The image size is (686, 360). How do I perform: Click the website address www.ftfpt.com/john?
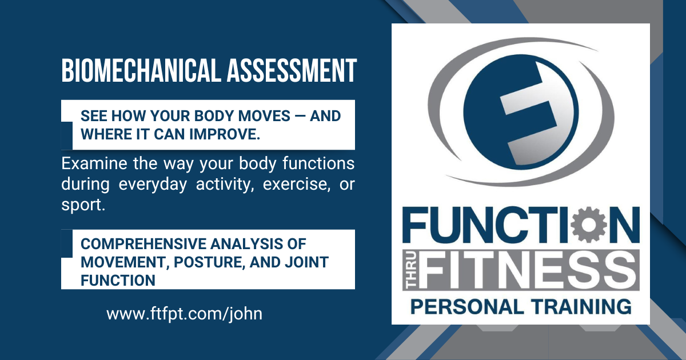coord(184,314)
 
